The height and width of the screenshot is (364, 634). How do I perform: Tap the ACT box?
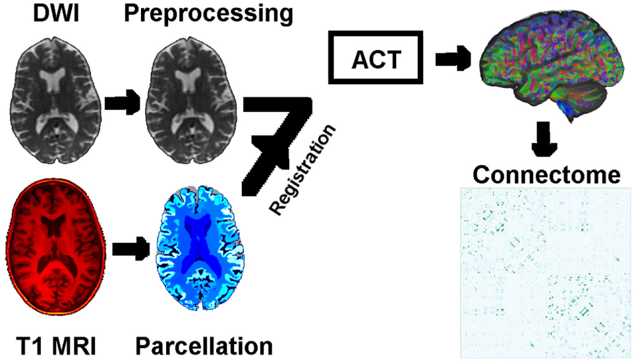pyautogui.click(x=374, y=60)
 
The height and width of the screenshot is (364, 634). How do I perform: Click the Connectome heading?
pyautogui.click(x=546, y=175)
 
